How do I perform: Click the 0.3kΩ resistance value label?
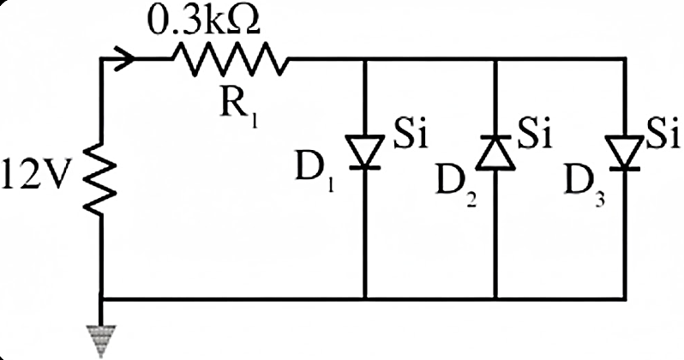pos(204,21)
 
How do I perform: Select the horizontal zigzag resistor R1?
pos(231,59)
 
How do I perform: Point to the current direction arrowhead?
pos(126,58)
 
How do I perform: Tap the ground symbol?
pos(101,341)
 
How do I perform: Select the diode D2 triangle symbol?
pos(495,153)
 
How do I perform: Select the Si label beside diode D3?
pos(663,133)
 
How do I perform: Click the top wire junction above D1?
pos(365,59)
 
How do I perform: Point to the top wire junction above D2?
pos(495,59)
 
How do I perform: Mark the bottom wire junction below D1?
pos(365,299)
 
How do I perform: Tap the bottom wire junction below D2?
pos(495,299)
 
